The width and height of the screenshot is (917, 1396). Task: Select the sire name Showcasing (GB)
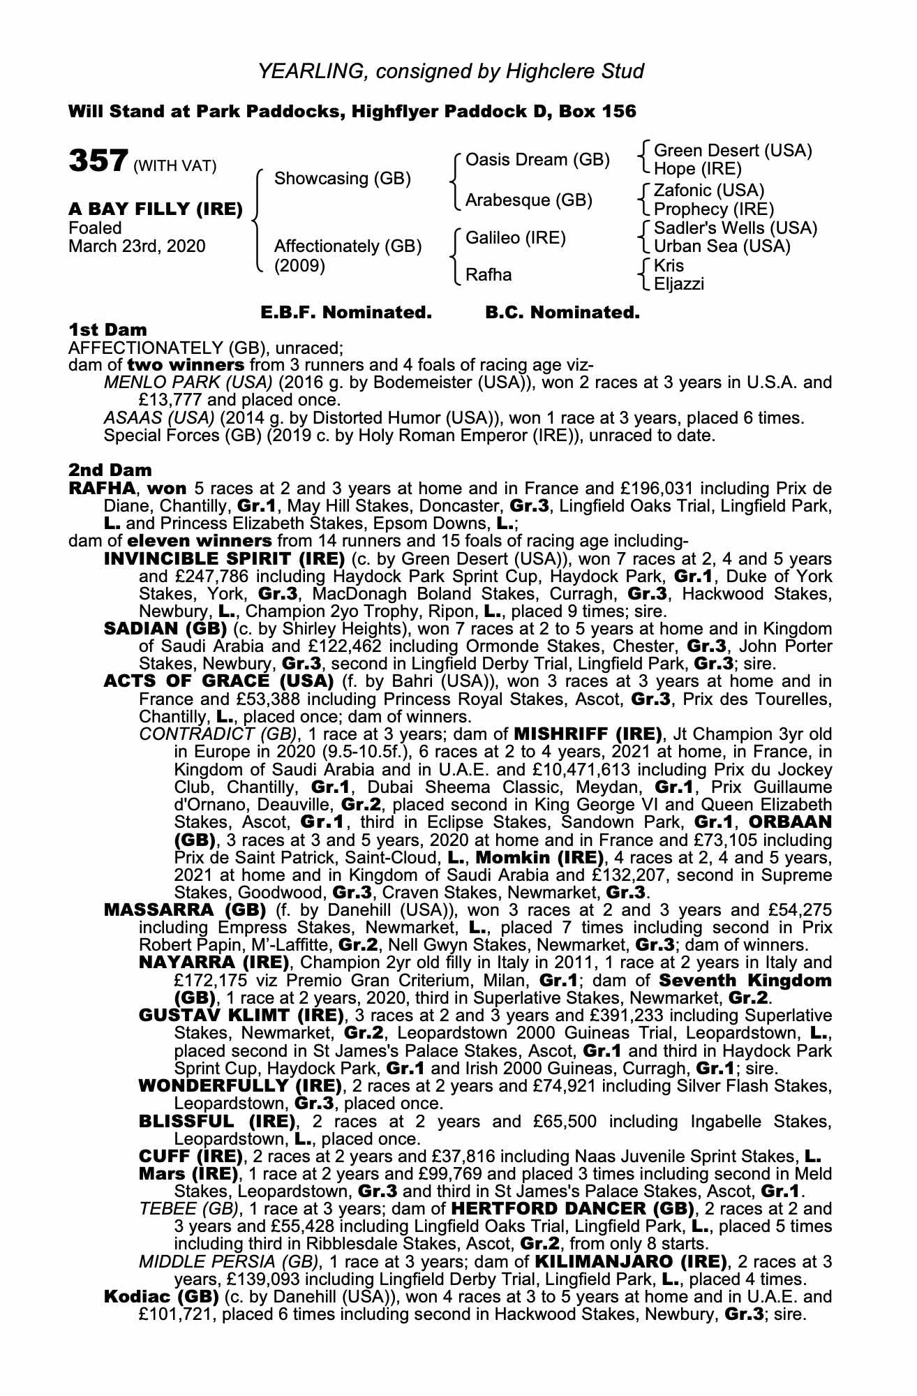click(x=342, y=178)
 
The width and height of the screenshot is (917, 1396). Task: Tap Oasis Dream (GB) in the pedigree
click(x=537, y=160)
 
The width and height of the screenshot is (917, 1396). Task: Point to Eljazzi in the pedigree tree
click(x=679, y=283)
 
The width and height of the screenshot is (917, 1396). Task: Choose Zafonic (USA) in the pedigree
click(x=709, y=191)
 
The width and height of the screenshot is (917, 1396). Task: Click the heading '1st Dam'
click(x=107, y=329)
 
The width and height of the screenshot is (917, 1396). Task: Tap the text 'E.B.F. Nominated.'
click(x=345, y=313)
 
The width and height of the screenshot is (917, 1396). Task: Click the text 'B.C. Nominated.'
click(x=562, y=313)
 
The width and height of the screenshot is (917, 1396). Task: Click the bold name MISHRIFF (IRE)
click(x=588, y=734)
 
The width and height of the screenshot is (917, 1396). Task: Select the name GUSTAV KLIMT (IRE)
click(x=241, y=1015)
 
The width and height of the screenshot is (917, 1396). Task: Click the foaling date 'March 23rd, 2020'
click(x=137, y=246)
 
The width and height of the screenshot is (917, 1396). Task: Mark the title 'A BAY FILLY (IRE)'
click(x=156, y=209)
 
